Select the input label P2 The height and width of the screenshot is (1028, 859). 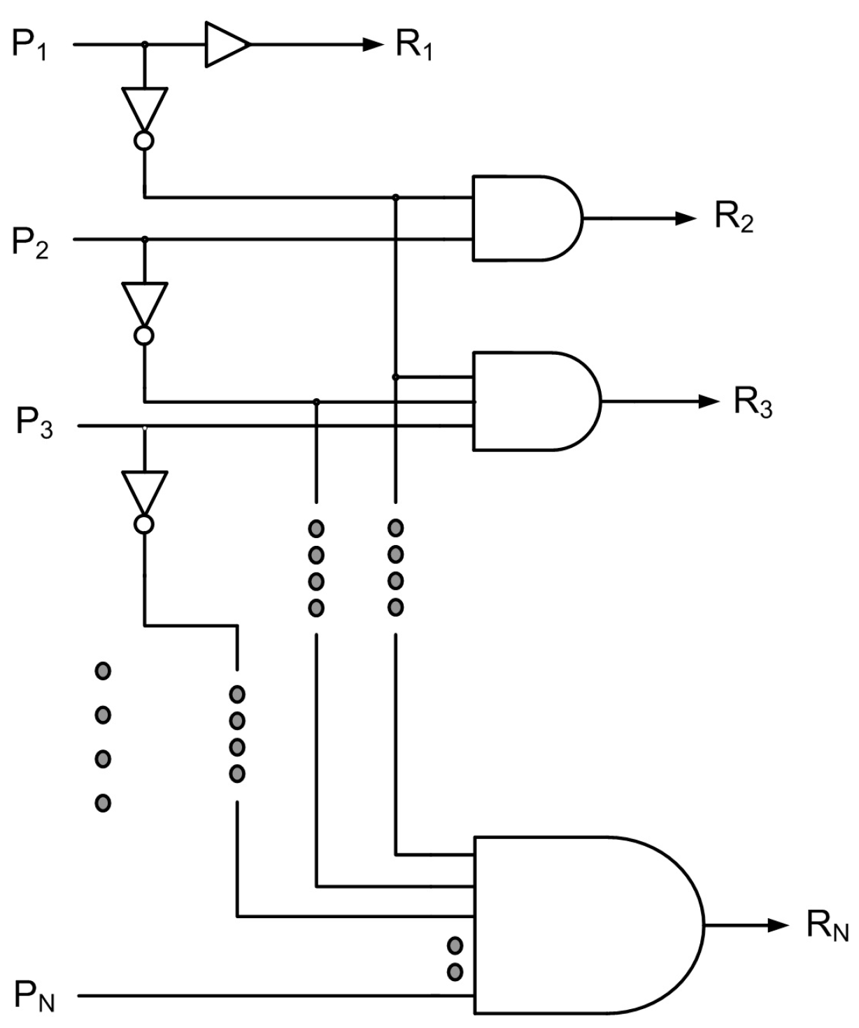30,242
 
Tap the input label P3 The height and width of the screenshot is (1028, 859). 34,424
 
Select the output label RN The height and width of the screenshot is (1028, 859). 827,925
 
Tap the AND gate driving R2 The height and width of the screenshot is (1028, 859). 525,218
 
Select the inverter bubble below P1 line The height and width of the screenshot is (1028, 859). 144,141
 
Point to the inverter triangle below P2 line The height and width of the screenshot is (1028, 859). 144,302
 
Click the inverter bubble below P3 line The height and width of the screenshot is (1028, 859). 144,524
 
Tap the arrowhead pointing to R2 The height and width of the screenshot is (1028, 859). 686,218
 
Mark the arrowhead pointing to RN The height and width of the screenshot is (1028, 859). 778,925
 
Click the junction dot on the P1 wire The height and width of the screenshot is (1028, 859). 145,45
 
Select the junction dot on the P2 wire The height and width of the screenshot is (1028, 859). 145,239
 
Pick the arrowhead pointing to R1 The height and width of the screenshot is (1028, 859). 373,45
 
